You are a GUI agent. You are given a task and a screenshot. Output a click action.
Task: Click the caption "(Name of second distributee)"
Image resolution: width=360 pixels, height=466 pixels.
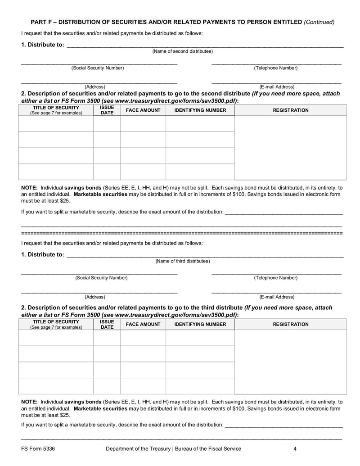click(182, 51)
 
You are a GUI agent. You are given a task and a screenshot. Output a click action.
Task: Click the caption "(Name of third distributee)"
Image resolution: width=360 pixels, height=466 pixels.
click(182, 261)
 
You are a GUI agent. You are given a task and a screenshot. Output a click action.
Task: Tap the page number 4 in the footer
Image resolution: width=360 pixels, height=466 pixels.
click(295, 448)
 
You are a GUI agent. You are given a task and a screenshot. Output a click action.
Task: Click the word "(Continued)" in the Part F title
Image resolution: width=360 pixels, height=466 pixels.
click(319, 22)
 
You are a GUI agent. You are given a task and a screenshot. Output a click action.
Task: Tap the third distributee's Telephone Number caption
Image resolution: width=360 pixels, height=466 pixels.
click(275, 278)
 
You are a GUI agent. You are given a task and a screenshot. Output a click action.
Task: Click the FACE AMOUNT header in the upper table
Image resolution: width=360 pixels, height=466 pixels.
click(143, 110)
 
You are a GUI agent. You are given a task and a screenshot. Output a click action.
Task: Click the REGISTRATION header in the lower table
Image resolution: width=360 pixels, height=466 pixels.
click(291, 324)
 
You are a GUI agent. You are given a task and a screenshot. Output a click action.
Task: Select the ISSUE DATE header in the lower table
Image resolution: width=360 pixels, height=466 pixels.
click(107, 325)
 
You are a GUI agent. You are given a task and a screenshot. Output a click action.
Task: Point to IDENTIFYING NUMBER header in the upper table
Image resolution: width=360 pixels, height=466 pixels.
click(200, 110)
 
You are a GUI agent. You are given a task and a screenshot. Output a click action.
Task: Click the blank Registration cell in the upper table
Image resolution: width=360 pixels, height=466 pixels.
click(291, 148)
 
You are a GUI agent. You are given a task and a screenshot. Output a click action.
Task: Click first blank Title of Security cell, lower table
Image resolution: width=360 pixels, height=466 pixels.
click(56, 338)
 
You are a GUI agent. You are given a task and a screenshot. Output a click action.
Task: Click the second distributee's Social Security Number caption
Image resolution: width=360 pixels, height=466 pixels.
click(97, 68)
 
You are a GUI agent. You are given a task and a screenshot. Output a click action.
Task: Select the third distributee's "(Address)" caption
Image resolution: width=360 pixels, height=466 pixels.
click(95, 297)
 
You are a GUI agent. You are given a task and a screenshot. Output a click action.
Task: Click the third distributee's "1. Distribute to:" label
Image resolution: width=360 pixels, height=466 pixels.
click(43, 255)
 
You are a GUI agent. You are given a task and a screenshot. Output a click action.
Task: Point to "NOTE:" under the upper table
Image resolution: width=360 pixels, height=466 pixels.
click(29, 188)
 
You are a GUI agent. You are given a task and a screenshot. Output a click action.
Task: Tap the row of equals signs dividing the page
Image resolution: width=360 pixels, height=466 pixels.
click(182, 234)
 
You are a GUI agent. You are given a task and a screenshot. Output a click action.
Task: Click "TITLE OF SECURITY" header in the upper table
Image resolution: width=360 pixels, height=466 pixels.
click(56, 108)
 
